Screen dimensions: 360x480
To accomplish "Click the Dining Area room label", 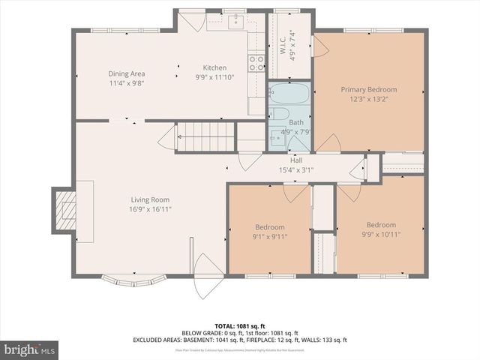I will tap(127, 73).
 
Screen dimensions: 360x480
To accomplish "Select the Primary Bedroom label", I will tap(368, 89).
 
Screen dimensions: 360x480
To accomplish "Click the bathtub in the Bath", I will tap(289, 95).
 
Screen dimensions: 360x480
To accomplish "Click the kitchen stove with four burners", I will tap(256, 62).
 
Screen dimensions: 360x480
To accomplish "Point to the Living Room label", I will tap(150, 199).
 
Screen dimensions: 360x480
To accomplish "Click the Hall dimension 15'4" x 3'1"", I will tap(296, 169).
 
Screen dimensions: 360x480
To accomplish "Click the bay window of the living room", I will tap(132, 282).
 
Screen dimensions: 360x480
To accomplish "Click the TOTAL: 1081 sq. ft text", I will tap(240, 325).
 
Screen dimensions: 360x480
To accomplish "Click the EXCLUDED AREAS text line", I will tap(240, 340).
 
